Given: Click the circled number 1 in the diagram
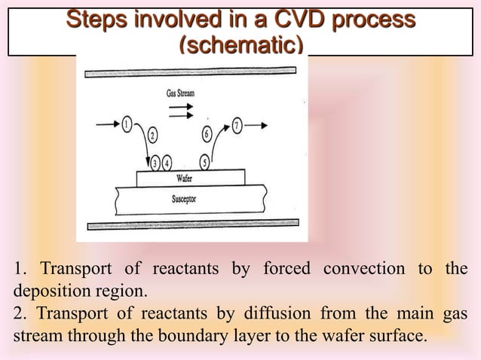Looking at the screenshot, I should click(126, 124).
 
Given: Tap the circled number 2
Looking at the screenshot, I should click(152, 136).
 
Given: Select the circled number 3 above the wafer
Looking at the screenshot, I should click(156, 162).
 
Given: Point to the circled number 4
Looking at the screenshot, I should click(167, 162).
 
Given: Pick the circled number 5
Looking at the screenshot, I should click(204, 161).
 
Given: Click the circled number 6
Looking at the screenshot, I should click(207, 136).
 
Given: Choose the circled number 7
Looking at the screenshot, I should click(237, 125).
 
